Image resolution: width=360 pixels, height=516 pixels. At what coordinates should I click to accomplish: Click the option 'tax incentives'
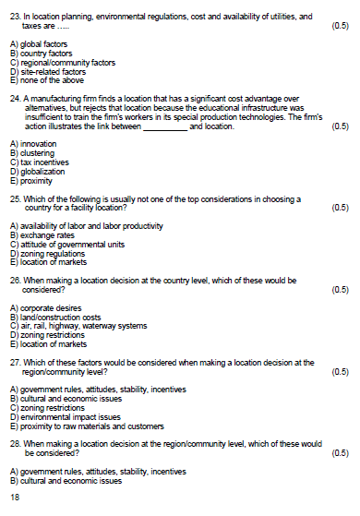click(39, 158)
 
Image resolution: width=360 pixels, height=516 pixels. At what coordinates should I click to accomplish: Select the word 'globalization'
click(40, 165)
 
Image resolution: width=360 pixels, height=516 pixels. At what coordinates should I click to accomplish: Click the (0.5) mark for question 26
click(339, 287)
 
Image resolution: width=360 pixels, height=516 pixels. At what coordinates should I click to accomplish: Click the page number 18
click(14, 498)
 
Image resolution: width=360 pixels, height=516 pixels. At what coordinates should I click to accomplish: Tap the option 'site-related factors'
click(45, 71)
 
